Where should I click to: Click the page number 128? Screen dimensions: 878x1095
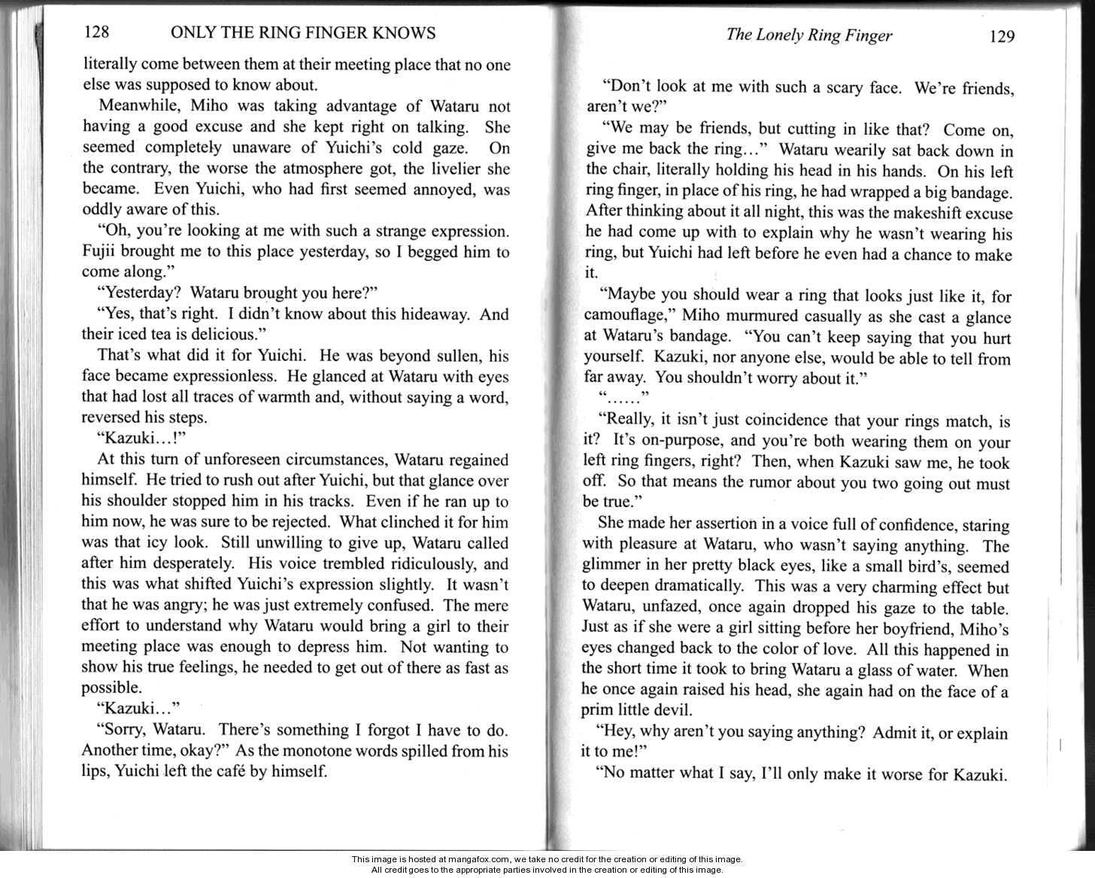[x=96, y=32]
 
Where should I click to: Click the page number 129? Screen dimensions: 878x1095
[x=1002, y=37]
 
